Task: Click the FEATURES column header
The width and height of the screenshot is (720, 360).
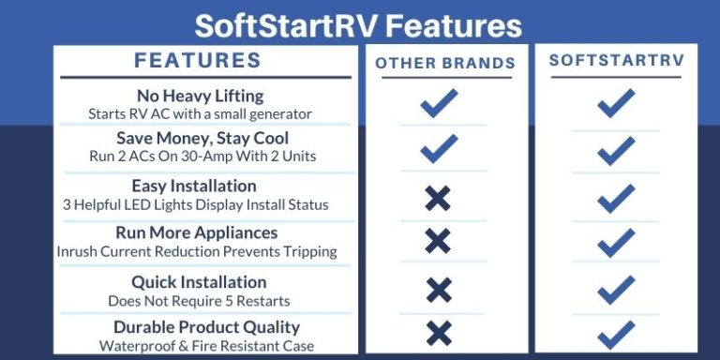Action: [198, 61]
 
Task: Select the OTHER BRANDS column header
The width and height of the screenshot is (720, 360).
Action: [445, 63]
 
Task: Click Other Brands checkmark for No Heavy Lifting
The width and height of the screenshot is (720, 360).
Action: [438, 103]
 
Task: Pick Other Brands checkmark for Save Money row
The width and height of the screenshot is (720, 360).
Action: [438, 148]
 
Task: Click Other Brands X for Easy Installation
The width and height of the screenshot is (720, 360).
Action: [437, 197]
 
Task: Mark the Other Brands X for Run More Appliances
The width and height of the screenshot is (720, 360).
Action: [437, 242]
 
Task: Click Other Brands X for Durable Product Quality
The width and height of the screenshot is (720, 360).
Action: [437, 332]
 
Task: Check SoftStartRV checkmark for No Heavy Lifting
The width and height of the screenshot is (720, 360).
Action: [616, 103]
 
